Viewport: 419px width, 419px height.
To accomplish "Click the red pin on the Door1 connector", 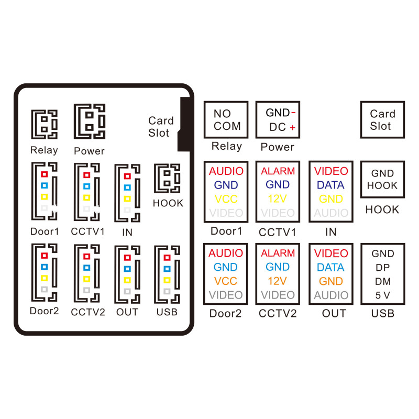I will coord(45,174).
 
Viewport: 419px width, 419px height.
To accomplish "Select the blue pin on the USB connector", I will coord(167,269).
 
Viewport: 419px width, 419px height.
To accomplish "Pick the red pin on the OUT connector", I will coord(126,257).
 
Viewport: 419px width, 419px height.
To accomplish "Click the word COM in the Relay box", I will coord(227,126).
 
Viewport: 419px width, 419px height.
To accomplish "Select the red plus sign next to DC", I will coord(292,128).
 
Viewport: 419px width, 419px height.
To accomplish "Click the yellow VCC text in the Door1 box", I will coord(226,199).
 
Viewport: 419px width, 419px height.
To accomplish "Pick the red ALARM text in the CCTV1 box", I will coord(278,171).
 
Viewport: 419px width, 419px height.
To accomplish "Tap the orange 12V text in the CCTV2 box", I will coord(278,281).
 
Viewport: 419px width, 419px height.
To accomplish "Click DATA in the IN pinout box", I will coord(330,185).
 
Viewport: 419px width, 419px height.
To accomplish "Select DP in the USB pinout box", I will coord(382,268).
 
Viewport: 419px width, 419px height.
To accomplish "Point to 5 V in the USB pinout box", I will coord(382,295).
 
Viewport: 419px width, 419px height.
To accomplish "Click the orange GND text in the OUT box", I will coord(330,281).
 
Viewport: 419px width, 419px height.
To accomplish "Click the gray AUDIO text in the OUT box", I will coord(331,295).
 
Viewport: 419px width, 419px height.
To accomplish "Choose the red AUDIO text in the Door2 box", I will coord(226,253).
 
